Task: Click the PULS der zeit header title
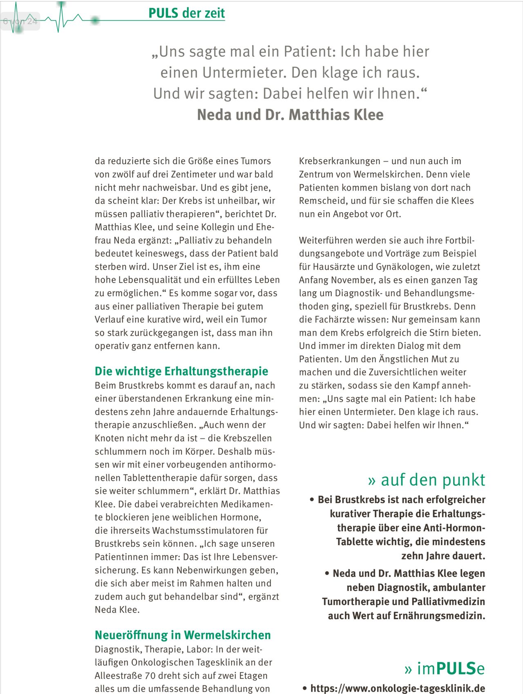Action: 186,13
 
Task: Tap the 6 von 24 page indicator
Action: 20,21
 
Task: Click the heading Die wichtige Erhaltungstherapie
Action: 181,371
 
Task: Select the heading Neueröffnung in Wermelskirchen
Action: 183,635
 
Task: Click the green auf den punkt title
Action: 427,480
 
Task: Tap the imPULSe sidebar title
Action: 445,668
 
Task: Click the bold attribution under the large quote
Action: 290,115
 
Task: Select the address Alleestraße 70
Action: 123,676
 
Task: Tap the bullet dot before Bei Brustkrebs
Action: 312,500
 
